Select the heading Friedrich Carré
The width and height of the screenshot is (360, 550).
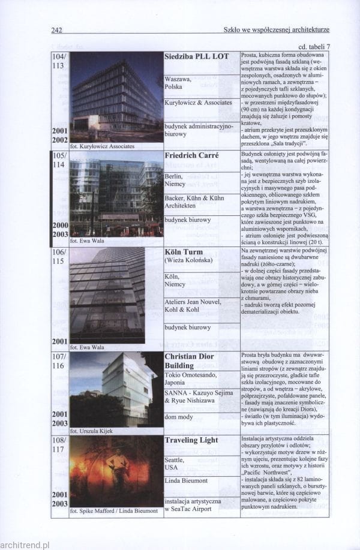pyautogui.click(x=191, y=155)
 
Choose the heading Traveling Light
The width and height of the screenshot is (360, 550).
pyautogui.click(x=191, y=440)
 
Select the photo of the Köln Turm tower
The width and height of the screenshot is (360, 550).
pyautogui.click(x=108, y=295)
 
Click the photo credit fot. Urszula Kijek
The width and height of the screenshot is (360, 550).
pyautogui.click(x=91, y=431)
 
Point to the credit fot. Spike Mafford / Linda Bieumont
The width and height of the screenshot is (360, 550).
pyautogui.click(x=114, y=512)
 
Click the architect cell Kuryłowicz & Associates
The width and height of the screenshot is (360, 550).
pyautogui.click(x=198, y=103)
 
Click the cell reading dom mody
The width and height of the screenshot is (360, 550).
pyautogui.click(x=178, y=416)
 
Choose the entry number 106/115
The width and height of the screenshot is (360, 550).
pyautogui.click(x=59, y=256)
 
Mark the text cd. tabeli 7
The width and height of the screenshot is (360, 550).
pyautogui.click(x=314, y=47)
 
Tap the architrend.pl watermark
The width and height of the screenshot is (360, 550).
pyautogui.click(x=25, y=545)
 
